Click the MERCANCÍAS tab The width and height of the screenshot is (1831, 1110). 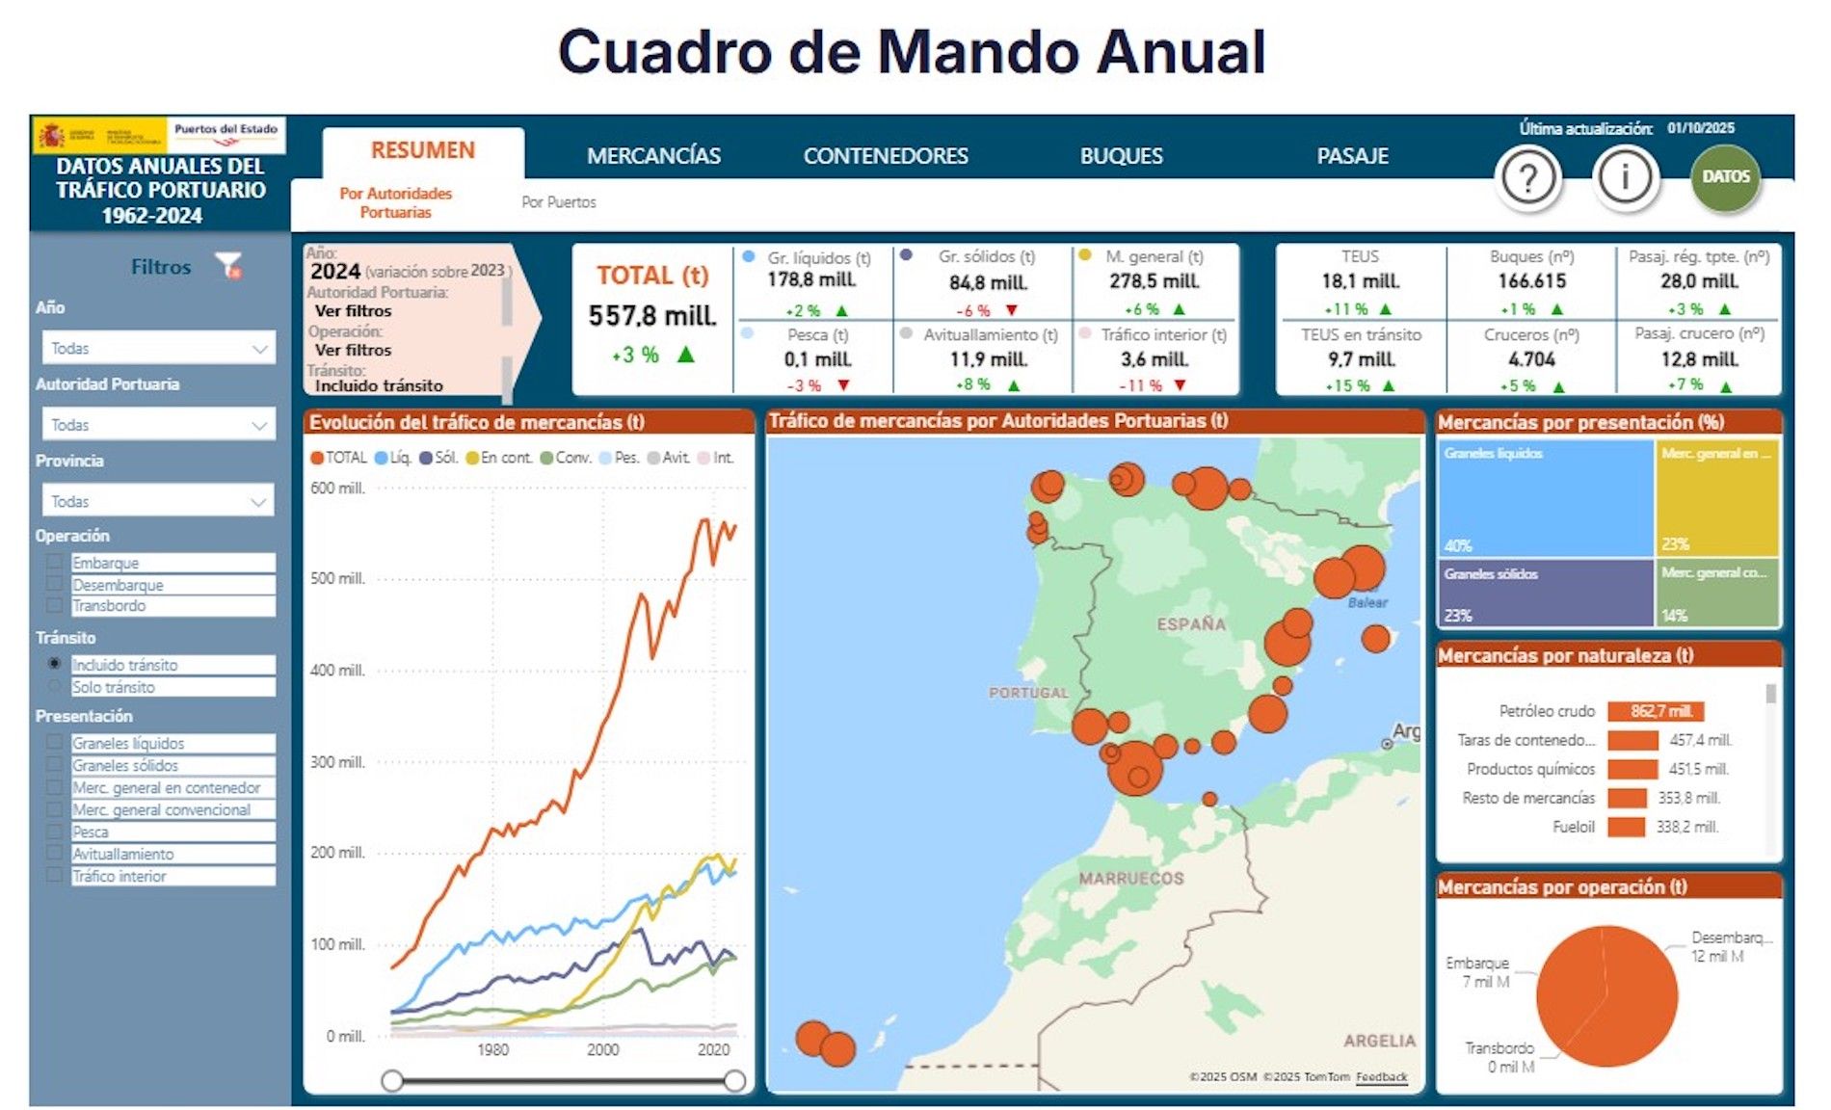click(x=653, y=156)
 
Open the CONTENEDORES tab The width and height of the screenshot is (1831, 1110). click(x=886, y=156)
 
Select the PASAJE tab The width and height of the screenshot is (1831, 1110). click(x=1352, y=156)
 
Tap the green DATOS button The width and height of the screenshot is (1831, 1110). click(x=1725, y=177)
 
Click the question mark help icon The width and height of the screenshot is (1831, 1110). click(x=1527, y=178)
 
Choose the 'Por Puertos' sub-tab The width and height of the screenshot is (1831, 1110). click(x=559, y=202)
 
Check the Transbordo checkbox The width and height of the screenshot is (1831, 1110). click(x=55, y=605)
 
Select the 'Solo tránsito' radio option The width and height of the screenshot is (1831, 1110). click(x=55, y=687)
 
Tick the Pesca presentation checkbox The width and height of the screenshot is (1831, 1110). click(x=55, y=832)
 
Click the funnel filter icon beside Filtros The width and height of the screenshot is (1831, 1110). click(x=228, y=265)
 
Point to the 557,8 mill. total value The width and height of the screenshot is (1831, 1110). click(x=652, y=316)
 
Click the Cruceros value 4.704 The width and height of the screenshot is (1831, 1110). click(x=1531, y=359)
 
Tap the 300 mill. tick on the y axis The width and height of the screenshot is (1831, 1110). click(x=337, y=762)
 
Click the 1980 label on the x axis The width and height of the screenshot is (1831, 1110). click(x=492, y=1049)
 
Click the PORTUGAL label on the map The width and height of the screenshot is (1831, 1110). click(x=1028, y=693)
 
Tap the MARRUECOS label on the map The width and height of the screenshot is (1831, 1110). click(x=1130, y=879)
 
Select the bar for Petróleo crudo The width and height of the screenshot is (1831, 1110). click(x=1656, y=711)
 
